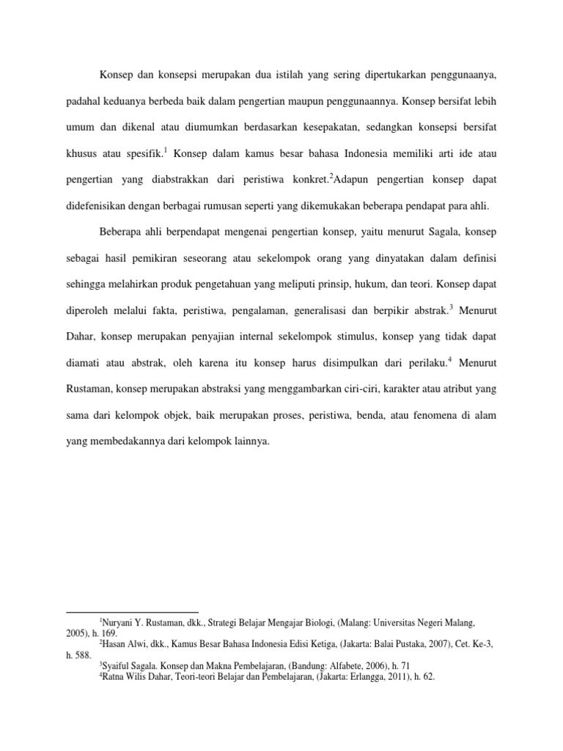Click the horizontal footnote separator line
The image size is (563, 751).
click(x=133, y=612)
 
